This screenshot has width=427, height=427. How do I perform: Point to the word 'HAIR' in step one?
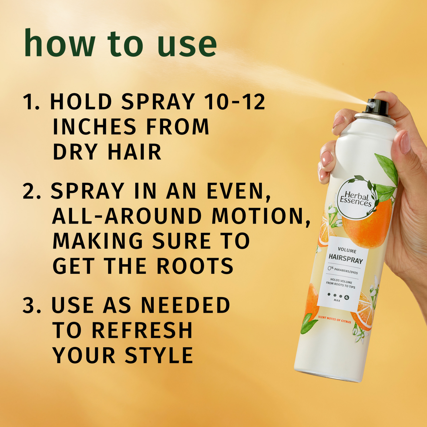[135, 152]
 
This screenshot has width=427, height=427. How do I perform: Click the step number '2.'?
[32, 191]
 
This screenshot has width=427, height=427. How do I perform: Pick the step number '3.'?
[32, 305]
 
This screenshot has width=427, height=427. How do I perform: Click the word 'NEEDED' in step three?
[186, 305]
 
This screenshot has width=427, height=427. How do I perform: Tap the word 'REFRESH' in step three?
[142, 330]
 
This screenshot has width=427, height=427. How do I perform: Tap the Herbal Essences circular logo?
[356, 199]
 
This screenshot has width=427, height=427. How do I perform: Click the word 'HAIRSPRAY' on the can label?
[346, 259]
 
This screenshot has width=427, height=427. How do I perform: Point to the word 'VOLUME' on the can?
[347, 250]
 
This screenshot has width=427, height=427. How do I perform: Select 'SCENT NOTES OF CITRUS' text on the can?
[334, 319]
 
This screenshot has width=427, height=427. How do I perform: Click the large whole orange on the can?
[367, 225]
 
